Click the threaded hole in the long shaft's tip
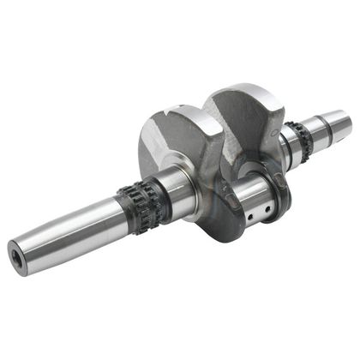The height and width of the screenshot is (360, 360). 15,256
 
